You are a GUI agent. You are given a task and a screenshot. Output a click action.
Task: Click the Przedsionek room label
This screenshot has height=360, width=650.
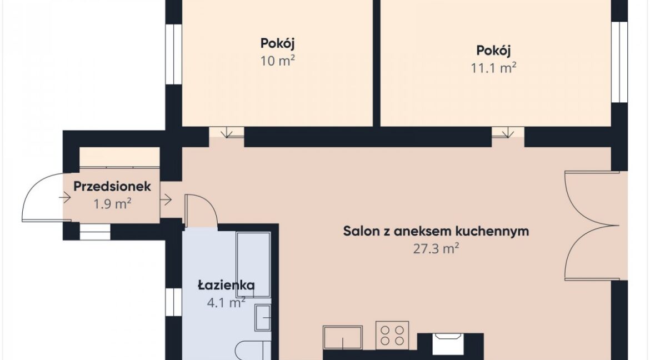tap(112, 187)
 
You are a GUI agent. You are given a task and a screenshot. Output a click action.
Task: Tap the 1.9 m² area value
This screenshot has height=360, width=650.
tap(112, 204)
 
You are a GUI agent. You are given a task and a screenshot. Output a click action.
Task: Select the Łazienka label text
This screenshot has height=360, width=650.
tap(226, 285)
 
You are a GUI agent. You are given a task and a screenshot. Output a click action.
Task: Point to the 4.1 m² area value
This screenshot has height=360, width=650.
tap(226, 303)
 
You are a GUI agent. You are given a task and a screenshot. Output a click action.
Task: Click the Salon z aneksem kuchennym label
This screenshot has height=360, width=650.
tap(436, 231)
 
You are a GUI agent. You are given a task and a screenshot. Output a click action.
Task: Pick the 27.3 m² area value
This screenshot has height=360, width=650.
tap(436, 248)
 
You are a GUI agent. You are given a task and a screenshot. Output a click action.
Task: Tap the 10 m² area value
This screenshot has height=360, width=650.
tap(277, 61)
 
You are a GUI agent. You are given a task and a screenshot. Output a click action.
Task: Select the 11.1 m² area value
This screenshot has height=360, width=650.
tap(493, 68)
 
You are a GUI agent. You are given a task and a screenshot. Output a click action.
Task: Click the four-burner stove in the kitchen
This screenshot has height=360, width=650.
tap(392, 335)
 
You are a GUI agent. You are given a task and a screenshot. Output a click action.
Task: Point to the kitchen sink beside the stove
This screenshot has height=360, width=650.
tap(342, 338)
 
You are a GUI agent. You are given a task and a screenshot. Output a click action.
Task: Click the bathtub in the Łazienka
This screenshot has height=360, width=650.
tap(253, 264)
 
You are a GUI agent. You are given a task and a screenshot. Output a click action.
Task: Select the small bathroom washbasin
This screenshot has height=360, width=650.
tap(263, 318)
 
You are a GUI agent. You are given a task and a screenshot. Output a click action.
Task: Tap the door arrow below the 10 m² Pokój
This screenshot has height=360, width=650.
tap(226, 132)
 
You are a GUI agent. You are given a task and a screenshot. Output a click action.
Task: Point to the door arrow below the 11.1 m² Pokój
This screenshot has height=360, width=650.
tap(507, 132)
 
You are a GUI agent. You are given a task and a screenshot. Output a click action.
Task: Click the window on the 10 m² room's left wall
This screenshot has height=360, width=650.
tap(170, 54)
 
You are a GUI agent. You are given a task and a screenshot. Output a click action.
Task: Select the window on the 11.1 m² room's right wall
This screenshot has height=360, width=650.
tap(619, 61)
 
